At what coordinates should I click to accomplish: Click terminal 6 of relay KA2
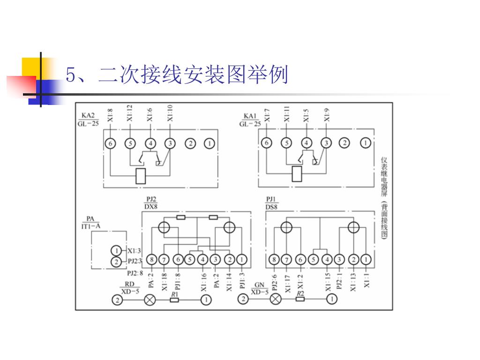coord(110,143)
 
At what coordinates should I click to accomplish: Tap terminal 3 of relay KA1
coord(326,143)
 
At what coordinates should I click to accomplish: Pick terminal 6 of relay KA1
coord(266,143)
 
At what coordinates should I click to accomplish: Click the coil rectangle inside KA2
coord(141,175)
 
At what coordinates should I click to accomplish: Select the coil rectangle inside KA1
coord(297,174)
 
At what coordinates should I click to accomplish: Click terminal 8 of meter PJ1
coord(275,260)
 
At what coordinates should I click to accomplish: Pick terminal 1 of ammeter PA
coord(116,250)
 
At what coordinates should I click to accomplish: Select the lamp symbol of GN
coord(276,299)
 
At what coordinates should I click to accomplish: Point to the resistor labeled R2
coord(300,299)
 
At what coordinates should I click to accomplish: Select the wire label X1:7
coord(267,115)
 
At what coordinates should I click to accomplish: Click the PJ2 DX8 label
coord(150,202)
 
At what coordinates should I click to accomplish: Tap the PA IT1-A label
coord(90,222)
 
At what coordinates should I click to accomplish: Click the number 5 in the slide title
coord(71,75)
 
